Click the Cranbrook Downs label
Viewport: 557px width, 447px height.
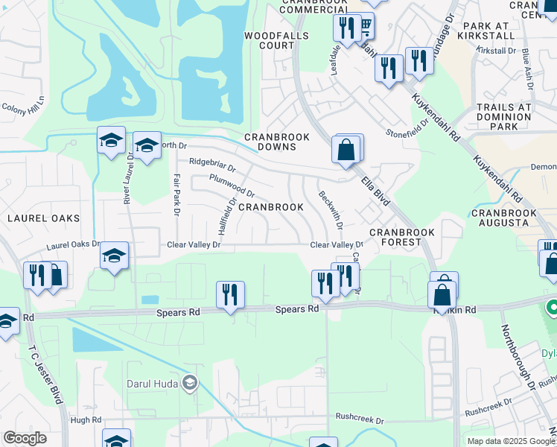(x=270, y=142)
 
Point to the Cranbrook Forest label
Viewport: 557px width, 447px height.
(x=407, y=237)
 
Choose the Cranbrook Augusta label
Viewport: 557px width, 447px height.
(x=504, y=218)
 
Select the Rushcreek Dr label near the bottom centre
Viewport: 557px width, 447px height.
(x=359, y=419)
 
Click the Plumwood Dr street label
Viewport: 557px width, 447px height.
(x=232, y=186)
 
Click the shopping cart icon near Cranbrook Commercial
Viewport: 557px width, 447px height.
(x=366, y=27)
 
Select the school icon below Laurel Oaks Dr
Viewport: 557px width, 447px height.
(x=114, y=256)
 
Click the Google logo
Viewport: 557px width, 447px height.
(x=26, y=438)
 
